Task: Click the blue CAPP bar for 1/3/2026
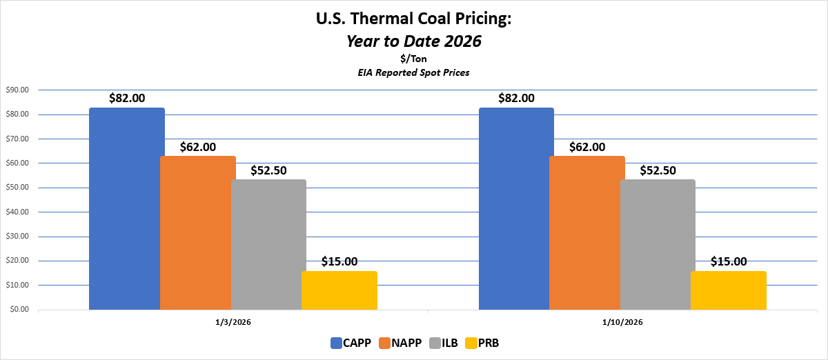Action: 127,208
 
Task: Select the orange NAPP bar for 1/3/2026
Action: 197,232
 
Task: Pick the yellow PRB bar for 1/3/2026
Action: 339,290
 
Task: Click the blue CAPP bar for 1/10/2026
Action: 516,208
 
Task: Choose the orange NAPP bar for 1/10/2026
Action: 586,232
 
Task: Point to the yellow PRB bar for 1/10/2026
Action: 729,290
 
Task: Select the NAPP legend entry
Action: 402,343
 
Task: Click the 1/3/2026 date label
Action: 233,321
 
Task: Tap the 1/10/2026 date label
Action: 622,321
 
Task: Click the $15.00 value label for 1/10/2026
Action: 729,261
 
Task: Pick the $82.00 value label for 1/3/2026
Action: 127,98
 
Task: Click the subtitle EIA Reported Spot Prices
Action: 414,72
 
